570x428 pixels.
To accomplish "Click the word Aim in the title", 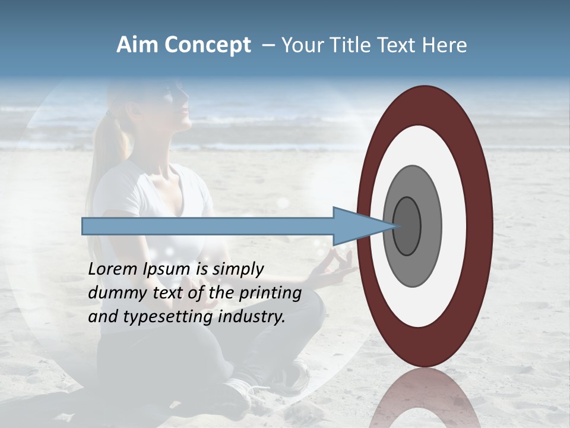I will pos(138,45).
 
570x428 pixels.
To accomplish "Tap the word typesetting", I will pos(168,317).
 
